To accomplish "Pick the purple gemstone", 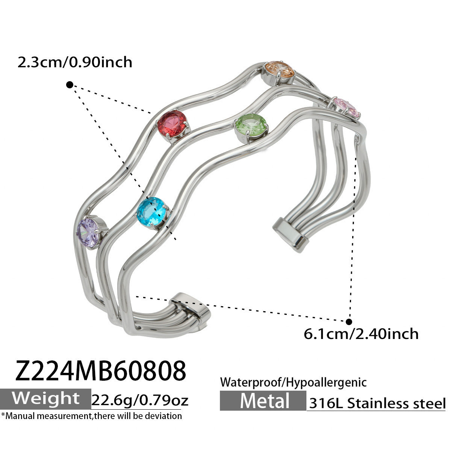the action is coord(88,232).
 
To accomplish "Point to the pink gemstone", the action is coord(346,108).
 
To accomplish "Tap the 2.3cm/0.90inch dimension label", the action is coord(75,62).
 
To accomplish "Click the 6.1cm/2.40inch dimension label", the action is coord(361,334).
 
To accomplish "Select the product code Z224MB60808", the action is coord(101,371).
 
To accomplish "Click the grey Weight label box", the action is coord(45,399).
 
